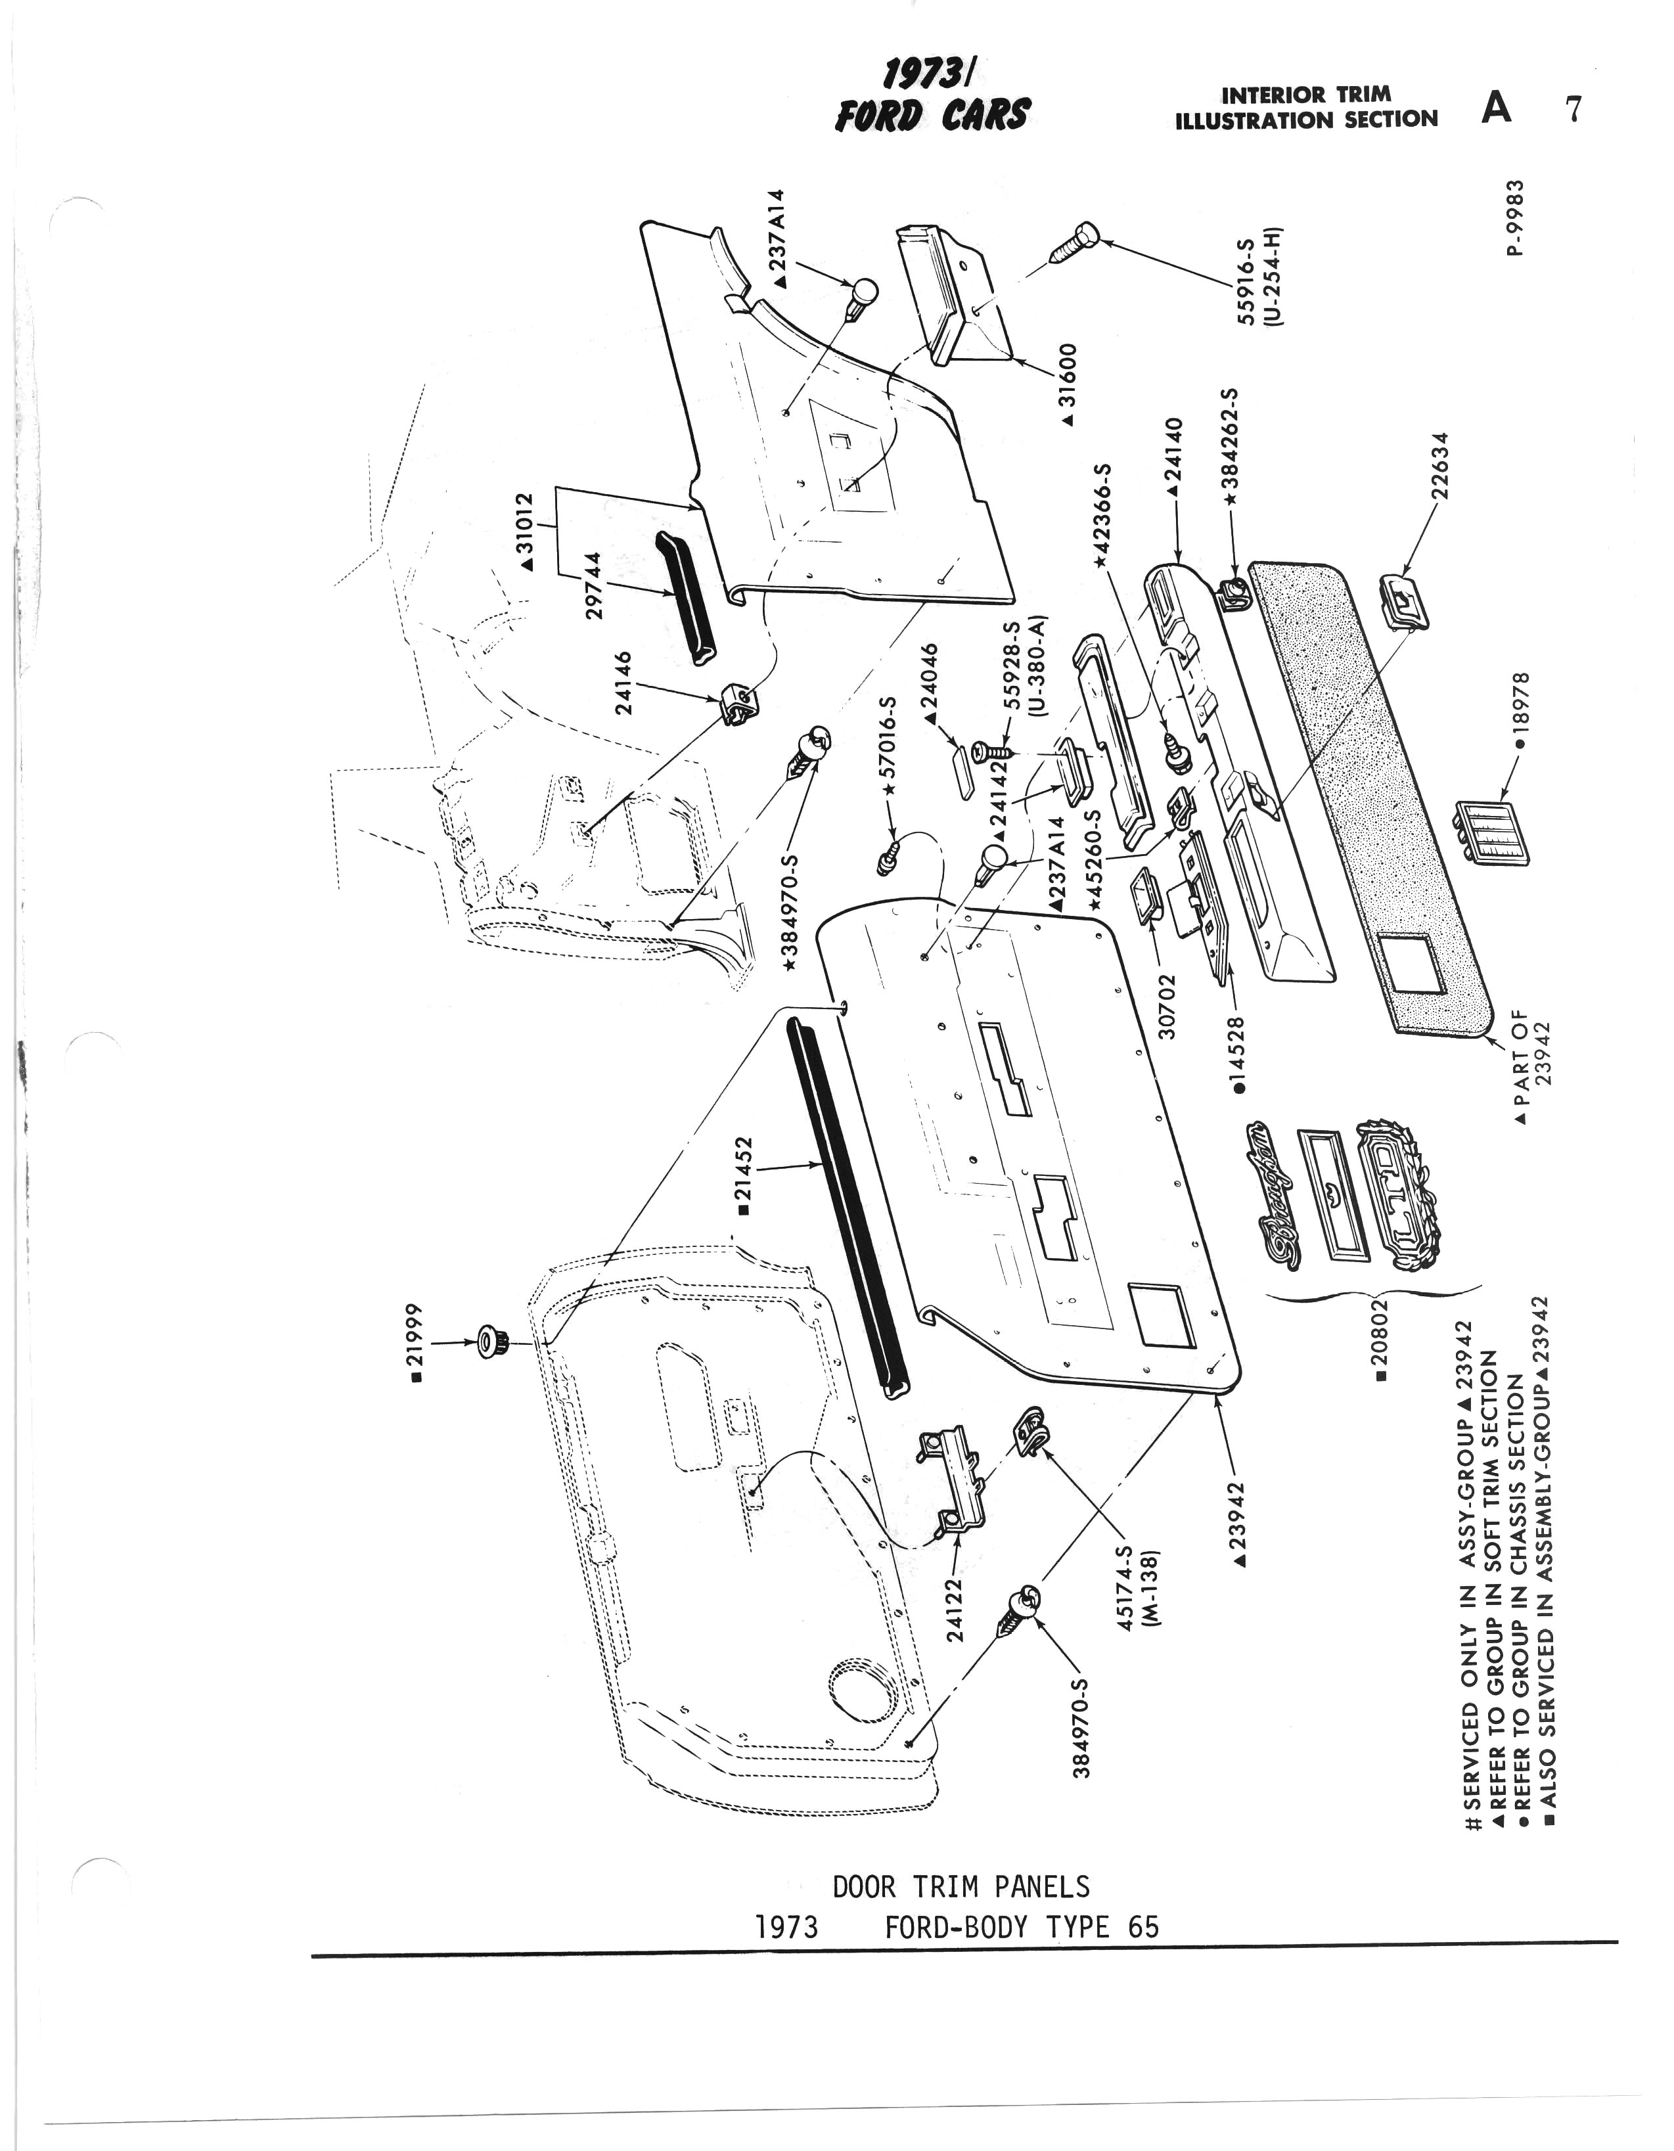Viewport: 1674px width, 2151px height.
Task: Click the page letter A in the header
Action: click(1496, 107)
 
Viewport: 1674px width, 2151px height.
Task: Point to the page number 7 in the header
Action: click(1573, 108)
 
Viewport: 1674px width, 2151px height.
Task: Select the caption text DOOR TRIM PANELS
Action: click(961, 1886)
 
